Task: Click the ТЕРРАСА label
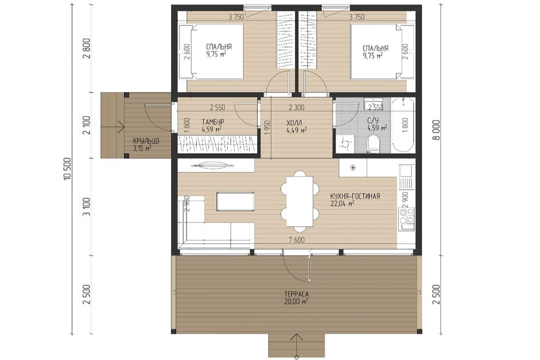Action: point(296,295)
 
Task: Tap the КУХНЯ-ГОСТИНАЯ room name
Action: point(355,196)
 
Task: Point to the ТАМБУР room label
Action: point(213,122)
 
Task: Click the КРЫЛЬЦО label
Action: point(146,141)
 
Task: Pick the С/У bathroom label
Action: point(374,121)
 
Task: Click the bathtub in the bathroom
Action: point(404,125)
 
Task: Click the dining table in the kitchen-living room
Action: point(300,201)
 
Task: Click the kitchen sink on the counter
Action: point(407,177)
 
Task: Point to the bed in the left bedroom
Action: point(211,52)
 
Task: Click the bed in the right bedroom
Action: point(382,52)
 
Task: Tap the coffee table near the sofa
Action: point(235,202)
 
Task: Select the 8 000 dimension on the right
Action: point(436,129)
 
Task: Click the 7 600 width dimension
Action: point(296,240)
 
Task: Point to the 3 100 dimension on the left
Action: point(87,207)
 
